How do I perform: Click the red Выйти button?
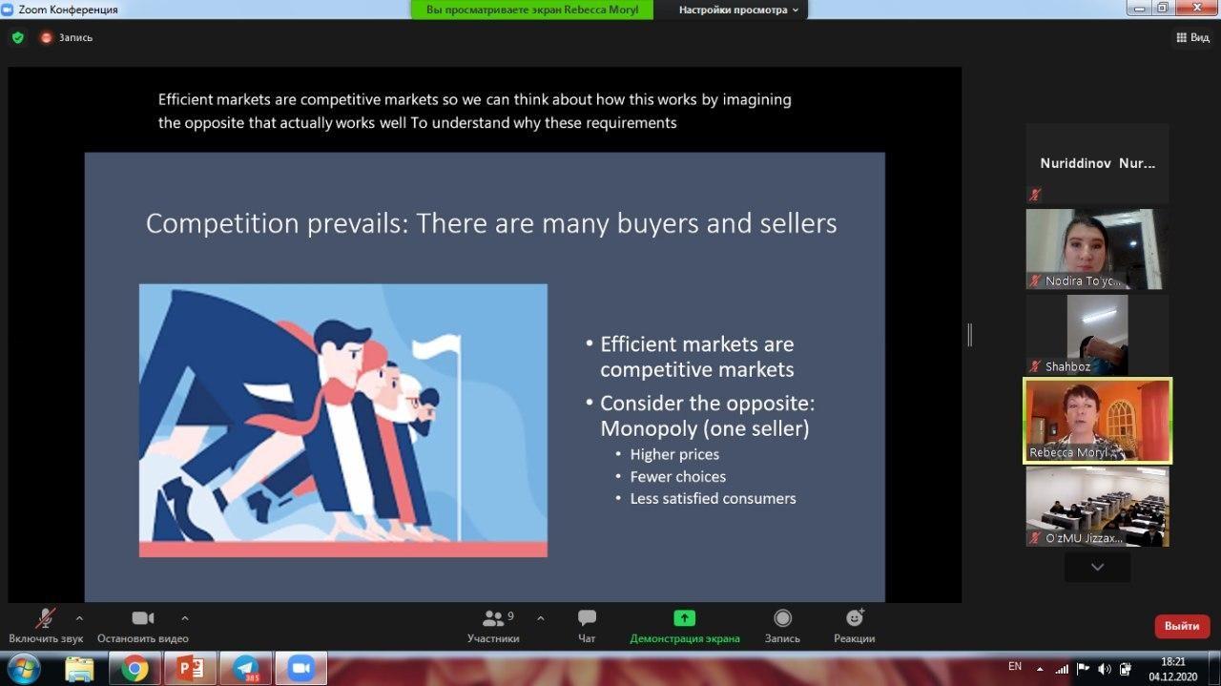(1182, 626)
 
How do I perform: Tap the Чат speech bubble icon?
(587, 618)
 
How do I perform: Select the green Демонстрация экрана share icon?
(685, 618)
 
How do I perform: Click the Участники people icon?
(493, 618)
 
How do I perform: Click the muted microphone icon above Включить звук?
(45, 618)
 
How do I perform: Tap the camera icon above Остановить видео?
(143, 618)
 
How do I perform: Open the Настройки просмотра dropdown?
(738, 10)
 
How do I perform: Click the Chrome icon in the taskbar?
(135, 669)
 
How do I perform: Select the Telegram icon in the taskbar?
(246, 669)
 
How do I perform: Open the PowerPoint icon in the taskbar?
(190, 669)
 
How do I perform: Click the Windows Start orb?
(24, 669)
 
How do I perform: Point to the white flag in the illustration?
(437, 347)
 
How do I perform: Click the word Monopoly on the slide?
(649, 429)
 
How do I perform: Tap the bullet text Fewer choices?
(677, 477)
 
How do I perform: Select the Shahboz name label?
(1067, 366)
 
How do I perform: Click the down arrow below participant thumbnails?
(1097, 567)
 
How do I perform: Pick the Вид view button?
(1192, 37)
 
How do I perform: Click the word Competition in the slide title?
(222, 224)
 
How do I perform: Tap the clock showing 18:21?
(1173, 661)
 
